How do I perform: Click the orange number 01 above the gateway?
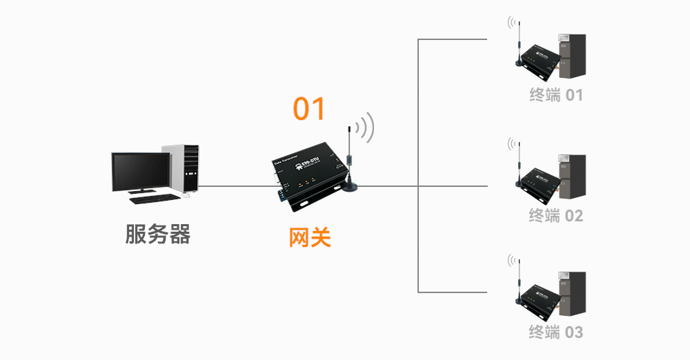[x=308, y=109]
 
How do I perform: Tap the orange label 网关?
[x=309, y=238]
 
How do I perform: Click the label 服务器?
[x=157, y=234]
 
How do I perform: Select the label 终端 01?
[x=555, y=95]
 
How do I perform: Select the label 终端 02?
[x=555, y=216]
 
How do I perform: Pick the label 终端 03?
[x=555, y=332]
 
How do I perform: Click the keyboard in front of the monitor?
[x=152, y=199]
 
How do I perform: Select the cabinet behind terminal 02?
[x=571, y=177]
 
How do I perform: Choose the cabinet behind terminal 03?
[x=571, y=294]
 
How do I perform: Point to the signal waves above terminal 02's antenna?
[x=511, y=143]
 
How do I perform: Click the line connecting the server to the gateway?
[x=235, y=186]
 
